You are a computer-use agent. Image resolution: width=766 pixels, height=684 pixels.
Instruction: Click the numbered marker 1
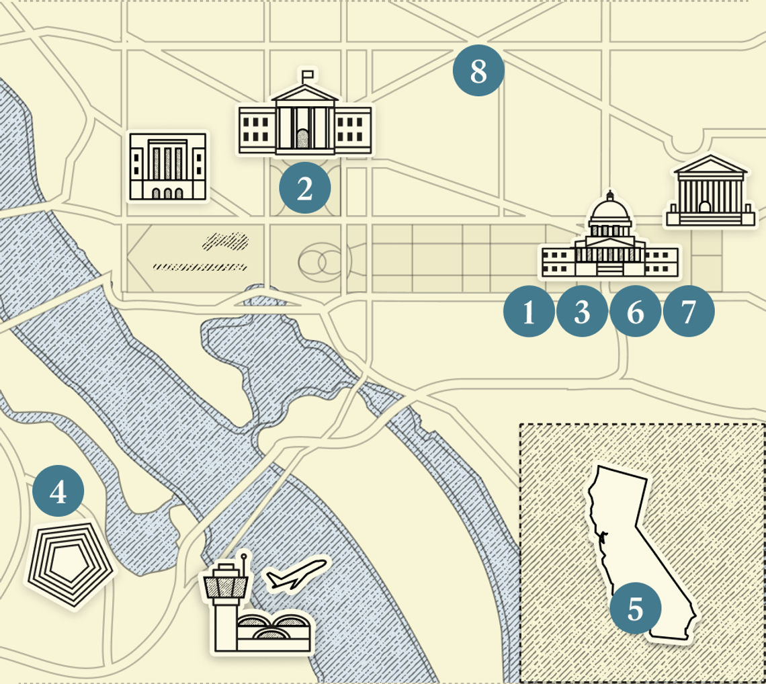pyautogui.click(x=529, y=311)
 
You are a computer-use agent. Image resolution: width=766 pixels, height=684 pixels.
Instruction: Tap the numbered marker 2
pyautogui.click(x=305, y=189)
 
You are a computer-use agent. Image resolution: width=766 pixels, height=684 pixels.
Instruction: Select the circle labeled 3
pyautogui.click(x=582, y=311)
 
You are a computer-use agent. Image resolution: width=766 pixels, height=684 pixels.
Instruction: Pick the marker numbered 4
pyautogui.click(x=58, y=493)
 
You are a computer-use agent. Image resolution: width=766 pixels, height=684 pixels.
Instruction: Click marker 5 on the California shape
pyautogui.click(x=635, y=609)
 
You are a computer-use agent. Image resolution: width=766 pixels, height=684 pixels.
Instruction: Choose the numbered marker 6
pyautogui.click(x=635, y=311)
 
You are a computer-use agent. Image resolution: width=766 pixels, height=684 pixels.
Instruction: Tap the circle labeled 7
pyautogui.click(x=688, y=311)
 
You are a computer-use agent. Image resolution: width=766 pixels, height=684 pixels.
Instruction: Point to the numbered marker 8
pyautogui.click(x=478, y=70)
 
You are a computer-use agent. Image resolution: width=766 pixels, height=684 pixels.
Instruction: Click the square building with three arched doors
pyautogui.click(x=168, y=166)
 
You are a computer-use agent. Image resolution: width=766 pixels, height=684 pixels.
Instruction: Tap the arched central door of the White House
pyautogui.click(x=303, y=139)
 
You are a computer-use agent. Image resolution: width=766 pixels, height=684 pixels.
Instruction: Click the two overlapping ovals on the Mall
pyautogui.click(x=321, y=263)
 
